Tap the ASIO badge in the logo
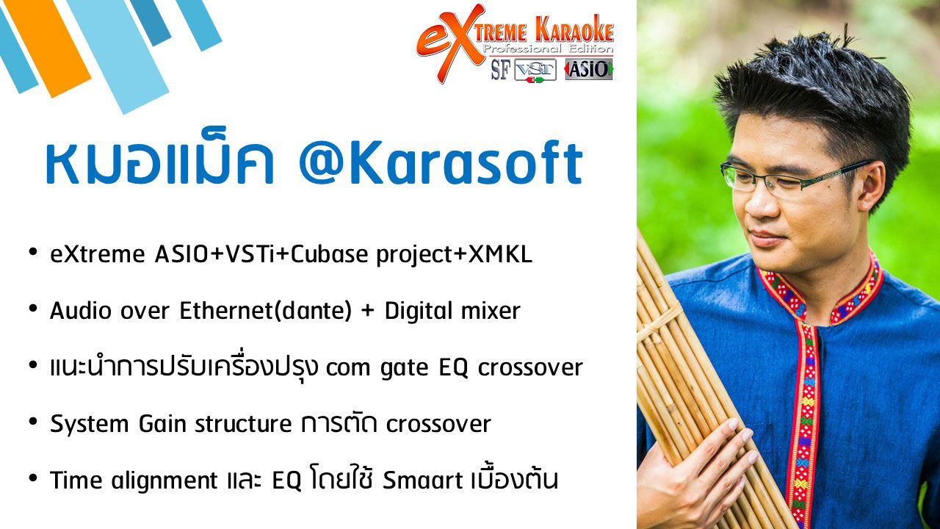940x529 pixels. click(589, 69)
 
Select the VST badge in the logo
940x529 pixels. click(535, 70)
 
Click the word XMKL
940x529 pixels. click(500, 254)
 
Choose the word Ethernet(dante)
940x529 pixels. click(265, 312)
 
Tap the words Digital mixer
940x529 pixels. click(452, 311)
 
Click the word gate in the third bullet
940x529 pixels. click(404, 369)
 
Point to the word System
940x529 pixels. click(90, 425)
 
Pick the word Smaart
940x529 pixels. click(422, 481)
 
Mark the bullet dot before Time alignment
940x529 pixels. click(33, 478)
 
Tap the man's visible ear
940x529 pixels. click(872, 187)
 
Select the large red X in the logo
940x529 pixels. click(462, 42)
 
